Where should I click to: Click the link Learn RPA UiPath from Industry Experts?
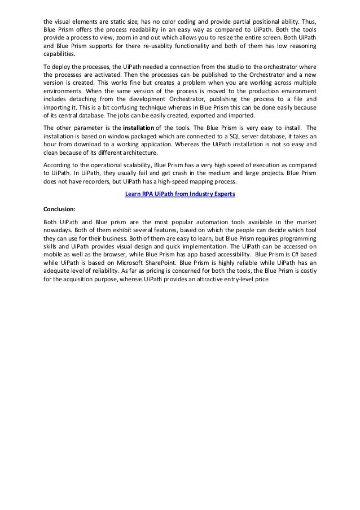click(180, 194)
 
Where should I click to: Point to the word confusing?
click(116, 107)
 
